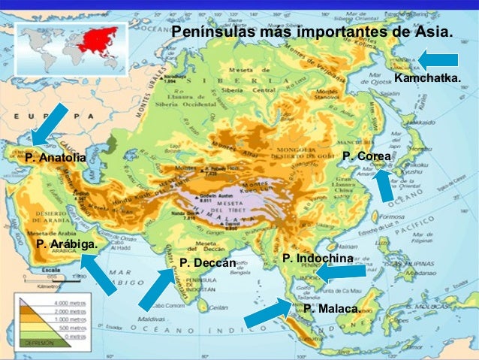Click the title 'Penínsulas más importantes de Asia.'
[312, 33]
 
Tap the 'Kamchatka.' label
[427, 78]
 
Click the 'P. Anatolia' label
[55, 158]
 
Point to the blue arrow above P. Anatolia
[51, 125]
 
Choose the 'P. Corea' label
[366, 156]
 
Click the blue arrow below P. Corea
[385, 185]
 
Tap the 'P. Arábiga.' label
[67, 244]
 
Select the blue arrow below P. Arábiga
[98, 274]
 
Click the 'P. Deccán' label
[208, 263]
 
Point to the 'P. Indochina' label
[318, 259]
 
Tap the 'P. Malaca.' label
[332, 309]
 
